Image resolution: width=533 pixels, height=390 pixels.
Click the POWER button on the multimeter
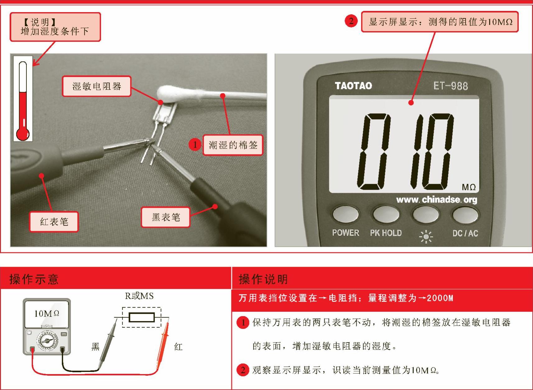345,214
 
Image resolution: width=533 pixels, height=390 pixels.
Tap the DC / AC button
465,215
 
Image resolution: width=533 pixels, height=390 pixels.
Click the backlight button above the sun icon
425,215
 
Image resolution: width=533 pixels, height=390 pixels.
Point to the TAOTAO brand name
353,86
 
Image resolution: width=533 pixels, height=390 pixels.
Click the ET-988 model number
450,86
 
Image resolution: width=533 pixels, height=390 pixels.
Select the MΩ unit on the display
469,187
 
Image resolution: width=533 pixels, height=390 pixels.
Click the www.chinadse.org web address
437,200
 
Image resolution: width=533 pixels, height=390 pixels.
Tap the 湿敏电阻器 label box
97,86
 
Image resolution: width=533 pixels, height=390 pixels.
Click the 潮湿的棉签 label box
233,145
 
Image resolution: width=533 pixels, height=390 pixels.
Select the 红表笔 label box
54,222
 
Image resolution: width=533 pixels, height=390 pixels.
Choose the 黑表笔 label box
166,217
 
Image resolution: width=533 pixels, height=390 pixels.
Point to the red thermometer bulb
23,134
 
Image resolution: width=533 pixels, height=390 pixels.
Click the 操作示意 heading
34,279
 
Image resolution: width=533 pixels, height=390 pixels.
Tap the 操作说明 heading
263,279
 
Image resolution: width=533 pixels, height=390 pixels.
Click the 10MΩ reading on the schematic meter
47,314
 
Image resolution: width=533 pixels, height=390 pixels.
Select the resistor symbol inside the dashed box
141,317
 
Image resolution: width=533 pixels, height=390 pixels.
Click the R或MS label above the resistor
139,296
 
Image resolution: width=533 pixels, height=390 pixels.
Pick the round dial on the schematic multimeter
47,340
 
